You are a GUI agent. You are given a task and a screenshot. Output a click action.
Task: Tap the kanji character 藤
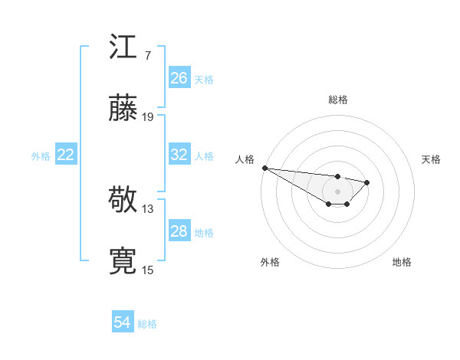coord(123,109)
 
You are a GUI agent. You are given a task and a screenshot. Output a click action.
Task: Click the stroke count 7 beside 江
coord(147,56)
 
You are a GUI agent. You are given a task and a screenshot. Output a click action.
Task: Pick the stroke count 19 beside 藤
coord(148,117)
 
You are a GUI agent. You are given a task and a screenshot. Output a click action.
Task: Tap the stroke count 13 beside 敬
coord(148,208)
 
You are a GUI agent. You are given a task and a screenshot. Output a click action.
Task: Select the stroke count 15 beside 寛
coord(148,270)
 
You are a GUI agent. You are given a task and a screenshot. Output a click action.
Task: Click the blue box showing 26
coord(179,78)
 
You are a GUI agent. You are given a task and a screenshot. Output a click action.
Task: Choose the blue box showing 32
coord(179,155)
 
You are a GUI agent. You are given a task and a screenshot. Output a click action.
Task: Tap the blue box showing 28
coord(179,231)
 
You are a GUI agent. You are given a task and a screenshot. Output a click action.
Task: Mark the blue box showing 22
coord(66,155)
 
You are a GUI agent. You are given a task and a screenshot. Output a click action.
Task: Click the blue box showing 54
coord(123,322)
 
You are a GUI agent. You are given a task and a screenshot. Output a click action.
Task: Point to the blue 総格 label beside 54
coord(147,324)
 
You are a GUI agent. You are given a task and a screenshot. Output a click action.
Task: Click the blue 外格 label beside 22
coord(41,156)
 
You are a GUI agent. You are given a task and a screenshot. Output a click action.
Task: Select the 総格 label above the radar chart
coord(338,100)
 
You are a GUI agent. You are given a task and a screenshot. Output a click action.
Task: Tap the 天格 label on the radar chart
coord(432,159)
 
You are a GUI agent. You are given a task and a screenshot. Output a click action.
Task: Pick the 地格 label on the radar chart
coord(402,262)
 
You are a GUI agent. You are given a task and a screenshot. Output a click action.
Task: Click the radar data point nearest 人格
coord(264,168)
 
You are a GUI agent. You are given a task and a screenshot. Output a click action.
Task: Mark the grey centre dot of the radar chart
coord(338,191)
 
